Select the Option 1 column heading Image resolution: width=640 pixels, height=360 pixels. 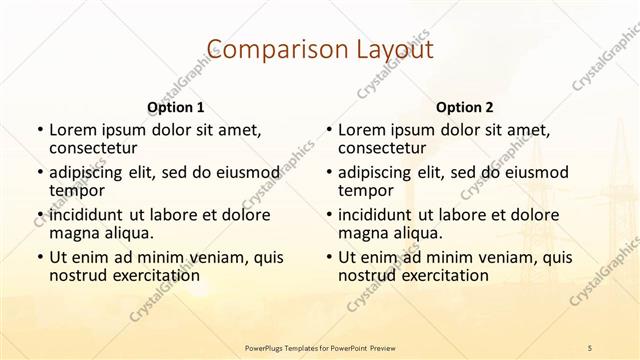[x=176, y=106]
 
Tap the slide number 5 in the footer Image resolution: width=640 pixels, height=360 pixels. [x=590, y=346]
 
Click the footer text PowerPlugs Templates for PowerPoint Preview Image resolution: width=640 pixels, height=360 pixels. [x=320, y=346]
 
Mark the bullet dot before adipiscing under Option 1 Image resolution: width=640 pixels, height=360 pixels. [x=39, y=172]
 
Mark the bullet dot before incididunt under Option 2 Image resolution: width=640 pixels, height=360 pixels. [x=328, y=215]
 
